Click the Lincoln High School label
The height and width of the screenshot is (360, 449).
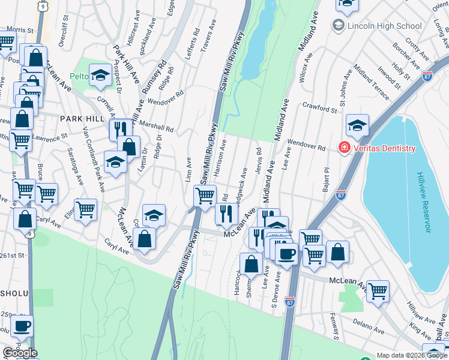click(376, 26)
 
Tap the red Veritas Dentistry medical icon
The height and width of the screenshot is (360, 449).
click(345, 148)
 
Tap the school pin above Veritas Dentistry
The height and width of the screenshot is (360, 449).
click(357, 125)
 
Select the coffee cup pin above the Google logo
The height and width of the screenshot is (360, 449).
click(23, 326)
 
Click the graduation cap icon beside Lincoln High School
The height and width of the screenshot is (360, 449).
click(338, 26)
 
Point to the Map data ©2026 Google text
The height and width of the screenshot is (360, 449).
click(410, 355)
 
